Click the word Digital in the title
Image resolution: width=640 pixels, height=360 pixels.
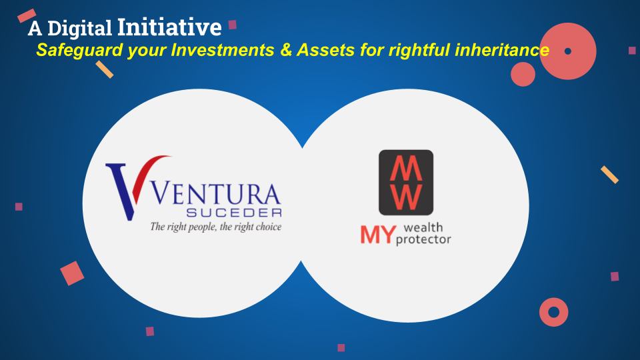[79, 29]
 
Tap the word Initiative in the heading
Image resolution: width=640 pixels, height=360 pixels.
[169, 27]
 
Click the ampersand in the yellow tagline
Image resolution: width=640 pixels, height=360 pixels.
[287, 50]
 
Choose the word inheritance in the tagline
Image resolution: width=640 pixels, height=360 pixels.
[501, 50]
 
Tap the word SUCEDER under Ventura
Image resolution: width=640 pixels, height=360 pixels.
[234, 212]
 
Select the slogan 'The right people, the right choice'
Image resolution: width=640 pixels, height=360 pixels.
[215, 227]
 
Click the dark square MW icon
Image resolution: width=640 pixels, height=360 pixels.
[406, 183]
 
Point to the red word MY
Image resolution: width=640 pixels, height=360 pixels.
[378, 235]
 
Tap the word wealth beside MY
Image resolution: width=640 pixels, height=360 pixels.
[423, 227]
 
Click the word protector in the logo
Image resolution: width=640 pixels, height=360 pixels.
[423, 239]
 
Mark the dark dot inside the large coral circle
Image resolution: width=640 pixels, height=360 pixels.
[568, 51]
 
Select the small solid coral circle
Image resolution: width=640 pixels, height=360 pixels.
[523, 74]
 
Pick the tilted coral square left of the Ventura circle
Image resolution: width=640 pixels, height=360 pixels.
[72, 273]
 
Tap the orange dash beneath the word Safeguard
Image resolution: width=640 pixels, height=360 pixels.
[105, 69]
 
